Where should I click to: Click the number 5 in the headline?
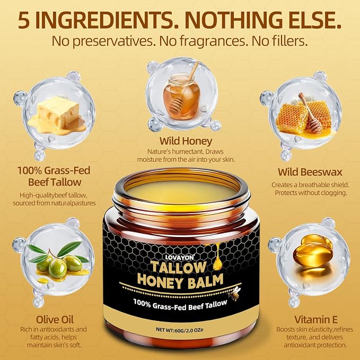tap(24, 20)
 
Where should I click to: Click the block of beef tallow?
tap(57, 115)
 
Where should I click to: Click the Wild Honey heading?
tap(186, 141)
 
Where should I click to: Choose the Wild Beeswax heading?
tap(310, 172)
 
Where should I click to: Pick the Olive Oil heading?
tap(55, 319)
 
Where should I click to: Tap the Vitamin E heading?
tap(315, 319)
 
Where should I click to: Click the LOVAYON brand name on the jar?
tap(179, 257)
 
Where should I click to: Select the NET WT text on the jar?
tap(180, 330)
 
